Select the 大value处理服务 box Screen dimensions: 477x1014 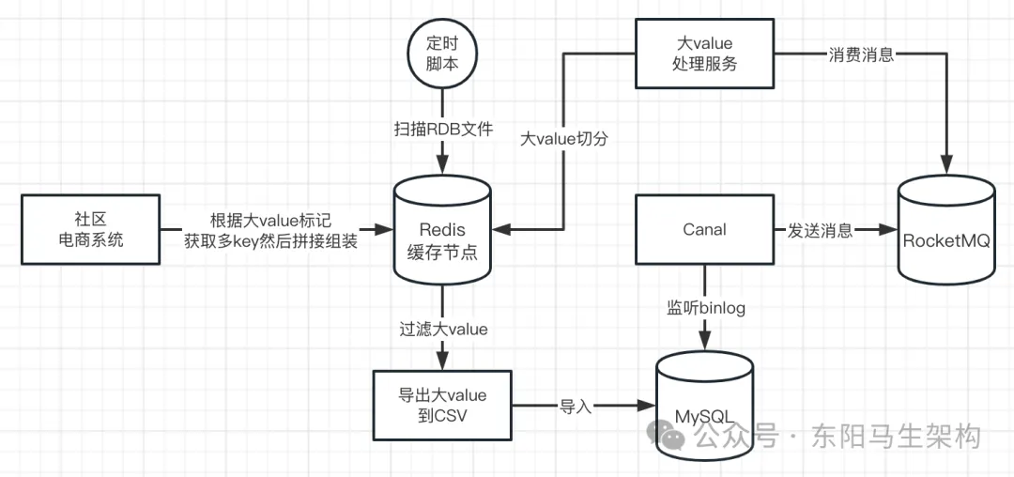point(704,54)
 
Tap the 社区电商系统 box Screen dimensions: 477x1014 point(90,229)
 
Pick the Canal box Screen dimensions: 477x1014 point(704,229)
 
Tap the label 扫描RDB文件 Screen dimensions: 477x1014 point(442,128)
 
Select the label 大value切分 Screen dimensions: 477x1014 point(565,139)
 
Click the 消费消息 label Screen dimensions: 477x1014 point(860,54)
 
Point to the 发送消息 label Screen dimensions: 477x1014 point(820,230)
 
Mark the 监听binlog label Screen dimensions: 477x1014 point(705,307)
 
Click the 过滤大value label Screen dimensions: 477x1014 point(443,329)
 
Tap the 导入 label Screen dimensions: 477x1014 point(576,406)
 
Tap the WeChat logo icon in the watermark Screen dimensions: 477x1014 point(672,436)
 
